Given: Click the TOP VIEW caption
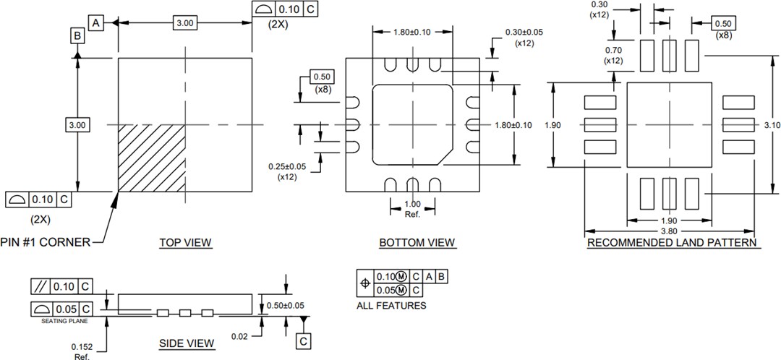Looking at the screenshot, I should point(185,243).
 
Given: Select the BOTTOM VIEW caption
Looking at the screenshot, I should point(417,243).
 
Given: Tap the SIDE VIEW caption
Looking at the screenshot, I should point(187,343).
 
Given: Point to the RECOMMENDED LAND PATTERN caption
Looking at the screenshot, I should point(672,243).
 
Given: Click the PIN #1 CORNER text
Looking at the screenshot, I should point(46,242).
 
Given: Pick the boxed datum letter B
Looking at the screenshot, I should point(77,35).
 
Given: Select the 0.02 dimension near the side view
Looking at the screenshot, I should point(240,337).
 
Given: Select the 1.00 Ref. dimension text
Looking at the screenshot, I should point(412,209).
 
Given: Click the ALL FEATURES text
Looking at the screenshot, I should point(391,306).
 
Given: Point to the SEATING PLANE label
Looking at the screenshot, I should point(61,320).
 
